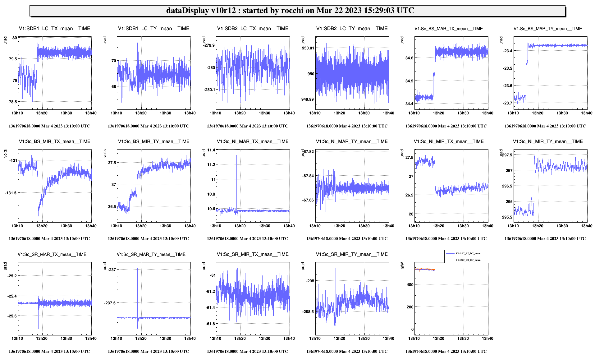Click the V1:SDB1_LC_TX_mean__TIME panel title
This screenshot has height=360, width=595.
(x=55, y=29)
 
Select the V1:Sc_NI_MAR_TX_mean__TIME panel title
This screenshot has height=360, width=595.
(x=253, y=141)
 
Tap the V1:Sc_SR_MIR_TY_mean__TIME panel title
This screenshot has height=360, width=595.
(x=352, y=254)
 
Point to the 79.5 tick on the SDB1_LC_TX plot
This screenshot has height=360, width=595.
(x=13, y=59)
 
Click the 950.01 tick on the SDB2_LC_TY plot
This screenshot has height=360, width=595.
(x=308, y=48)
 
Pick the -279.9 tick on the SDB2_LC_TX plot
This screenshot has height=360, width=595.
(x=209, y=45)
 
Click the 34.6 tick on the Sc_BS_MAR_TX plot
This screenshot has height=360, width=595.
(x=409, y=58)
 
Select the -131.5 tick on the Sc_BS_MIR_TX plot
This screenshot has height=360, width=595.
(x=11, y=193)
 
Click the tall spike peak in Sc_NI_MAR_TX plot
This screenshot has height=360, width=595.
(x=236, y=155)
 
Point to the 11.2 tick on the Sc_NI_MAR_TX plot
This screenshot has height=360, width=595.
(x=211, y=165)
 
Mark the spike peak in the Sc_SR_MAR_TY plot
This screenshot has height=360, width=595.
(x=137, y=269)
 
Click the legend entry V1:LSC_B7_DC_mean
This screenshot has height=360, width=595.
(x=468, y=254)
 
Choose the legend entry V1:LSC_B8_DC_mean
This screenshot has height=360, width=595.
(x=468, y=260)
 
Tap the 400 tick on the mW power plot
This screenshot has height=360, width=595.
(x=410, y=285)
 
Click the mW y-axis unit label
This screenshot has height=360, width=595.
(x=402, y=265)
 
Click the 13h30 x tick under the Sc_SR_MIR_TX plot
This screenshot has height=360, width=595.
(x=264, y=339)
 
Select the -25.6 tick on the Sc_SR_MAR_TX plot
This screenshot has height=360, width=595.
(x=12, y=316)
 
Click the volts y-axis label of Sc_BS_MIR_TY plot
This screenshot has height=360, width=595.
(x=105, y=153)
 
